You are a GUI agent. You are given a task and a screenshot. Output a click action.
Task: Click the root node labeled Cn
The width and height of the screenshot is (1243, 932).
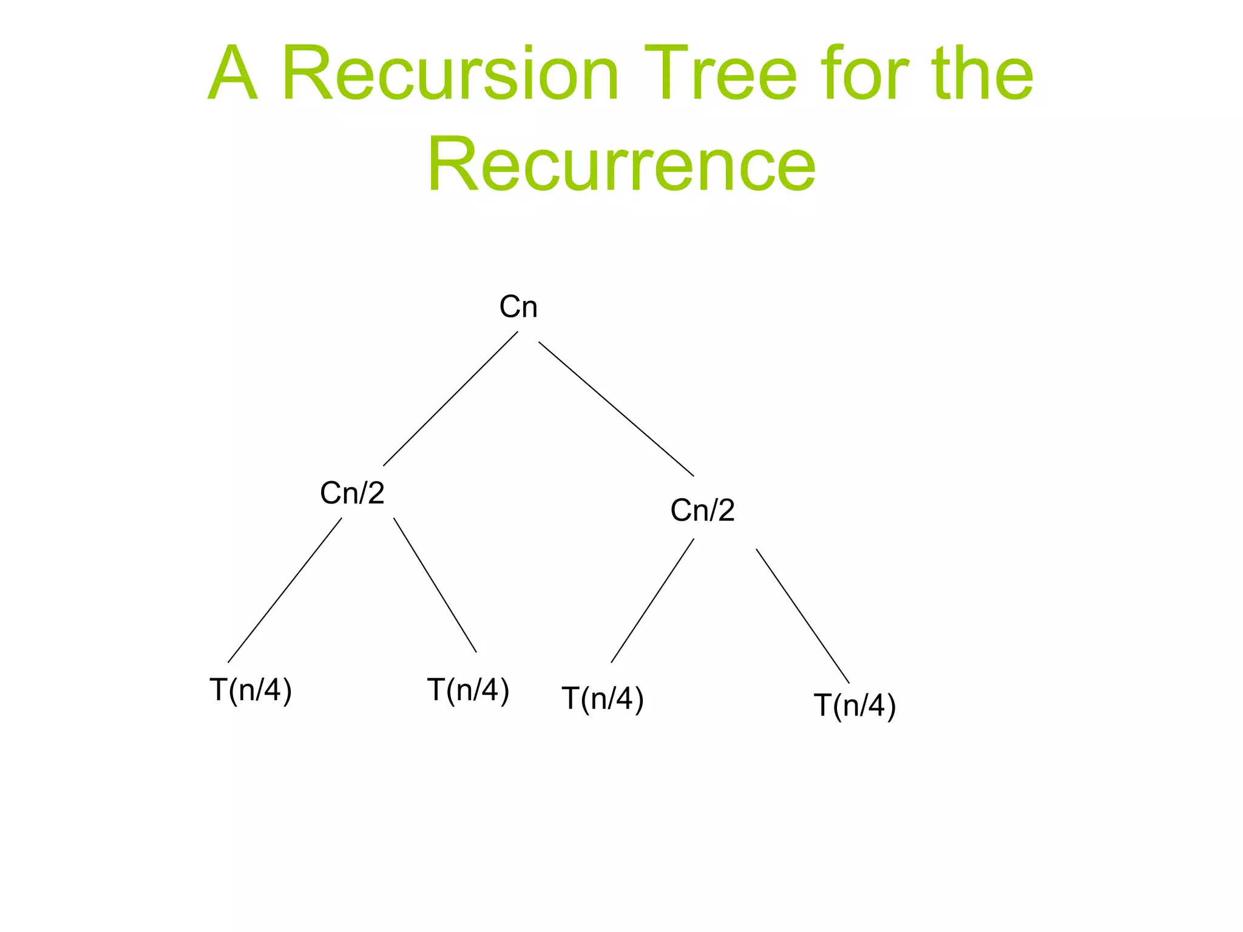pos(518,307)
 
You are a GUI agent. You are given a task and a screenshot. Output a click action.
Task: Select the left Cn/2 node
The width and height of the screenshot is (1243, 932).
pos(352,493)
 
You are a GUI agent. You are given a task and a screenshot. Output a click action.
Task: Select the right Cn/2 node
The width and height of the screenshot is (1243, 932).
pos(702,510)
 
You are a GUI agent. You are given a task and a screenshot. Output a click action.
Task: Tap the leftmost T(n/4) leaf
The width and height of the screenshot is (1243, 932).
pos(251,691)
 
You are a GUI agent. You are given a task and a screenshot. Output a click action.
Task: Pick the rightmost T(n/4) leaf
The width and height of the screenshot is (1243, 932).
pos(855,706)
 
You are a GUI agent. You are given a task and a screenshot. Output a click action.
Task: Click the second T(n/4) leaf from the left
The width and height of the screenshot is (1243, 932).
pos(468,691)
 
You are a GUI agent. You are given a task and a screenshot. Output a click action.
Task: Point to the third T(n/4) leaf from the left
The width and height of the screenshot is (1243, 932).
pos(603,698)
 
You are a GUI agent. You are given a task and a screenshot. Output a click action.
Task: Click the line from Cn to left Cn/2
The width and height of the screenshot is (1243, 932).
pos(450,399)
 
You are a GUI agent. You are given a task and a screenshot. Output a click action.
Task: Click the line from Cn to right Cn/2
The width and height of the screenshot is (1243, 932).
pos(616,409)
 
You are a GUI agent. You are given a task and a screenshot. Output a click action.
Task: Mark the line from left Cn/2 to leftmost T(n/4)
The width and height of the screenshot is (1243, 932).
pos(285,590)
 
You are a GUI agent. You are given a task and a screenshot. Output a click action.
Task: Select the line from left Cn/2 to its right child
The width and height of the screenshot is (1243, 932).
pos(435,585)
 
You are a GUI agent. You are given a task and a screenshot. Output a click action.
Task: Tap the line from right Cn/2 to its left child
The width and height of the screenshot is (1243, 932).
pos(652,601)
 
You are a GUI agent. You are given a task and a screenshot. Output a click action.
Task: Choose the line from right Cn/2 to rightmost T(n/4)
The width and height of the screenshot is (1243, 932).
pos(802,616)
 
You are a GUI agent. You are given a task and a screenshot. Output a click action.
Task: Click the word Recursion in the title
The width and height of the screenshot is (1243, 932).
pos(450,74)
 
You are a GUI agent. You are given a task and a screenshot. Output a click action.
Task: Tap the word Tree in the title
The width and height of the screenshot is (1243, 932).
pos(720,74)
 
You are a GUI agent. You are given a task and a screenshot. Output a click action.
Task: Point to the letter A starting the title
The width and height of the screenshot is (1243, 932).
pos(232,74)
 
